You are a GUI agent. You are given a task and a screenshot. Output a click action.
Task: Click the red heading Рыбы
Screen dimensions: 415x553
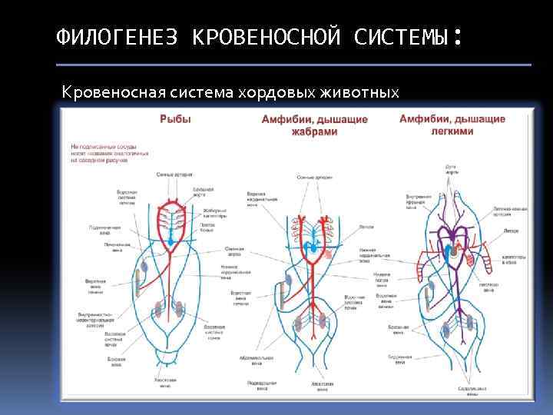pos(175,119)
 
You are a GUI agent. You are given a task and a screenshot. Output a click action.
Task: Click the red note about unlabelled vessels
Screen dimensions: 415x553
pos(110,153)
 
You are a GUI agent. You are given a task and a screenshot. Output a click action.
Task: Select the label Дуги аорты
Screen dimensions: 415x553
pos(452,169)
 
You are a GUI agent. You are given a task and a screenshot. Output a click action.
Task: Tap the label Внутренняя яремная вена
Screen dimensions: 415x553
pos(418,201)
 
